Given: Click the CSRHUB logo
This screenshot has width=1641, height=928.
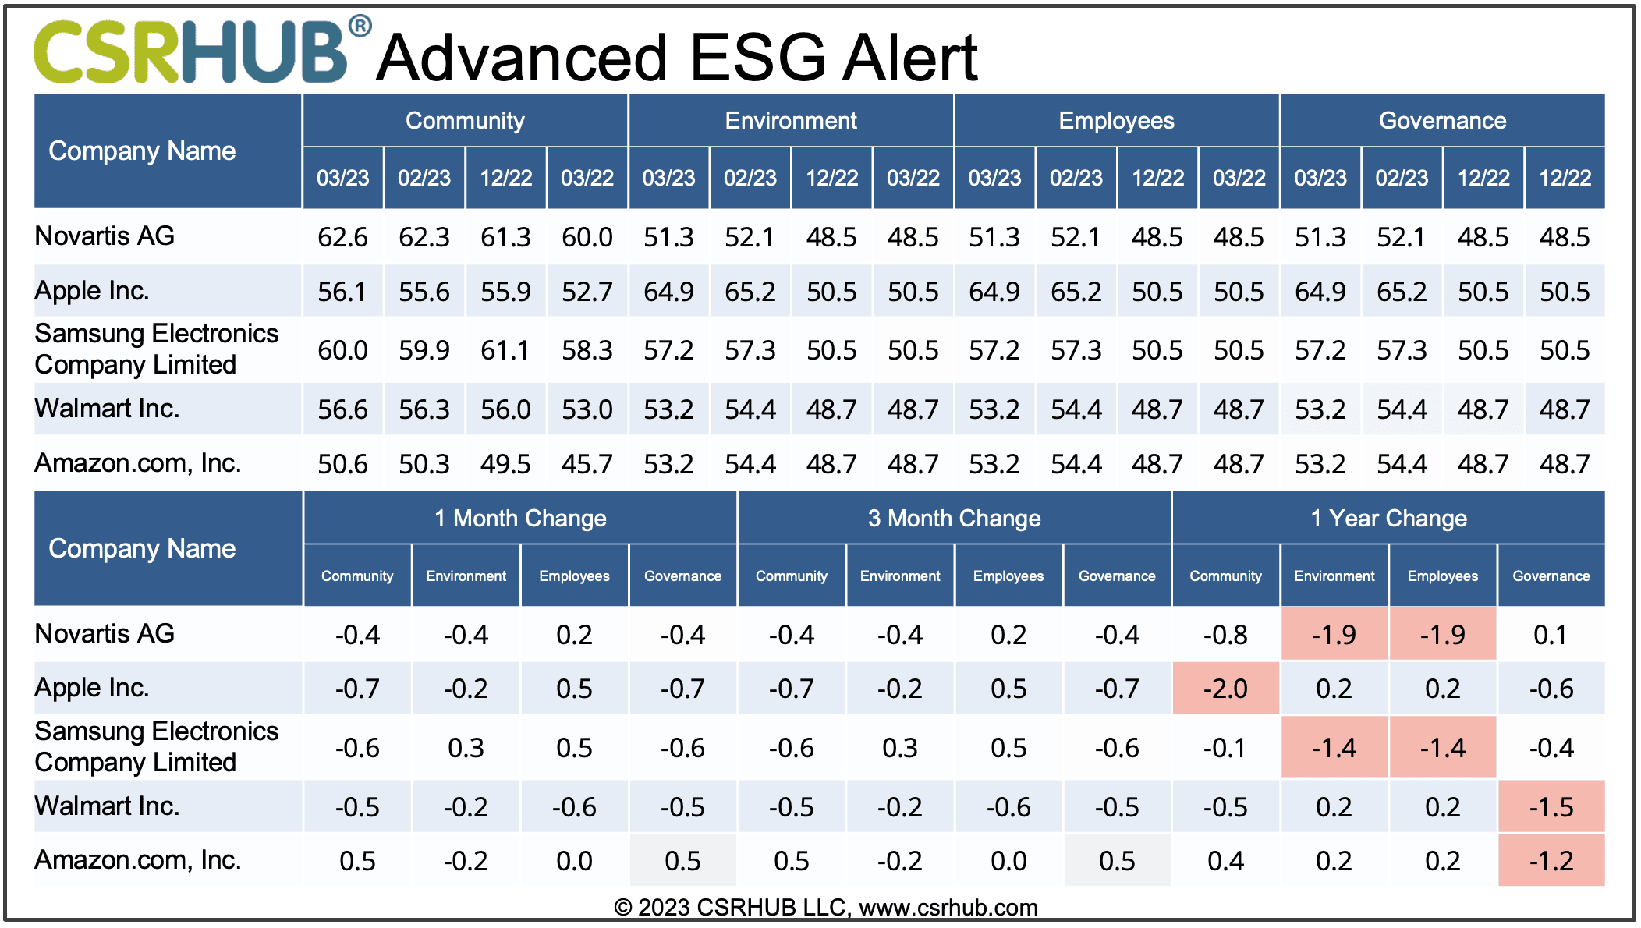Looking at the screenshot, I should tap(191, 51).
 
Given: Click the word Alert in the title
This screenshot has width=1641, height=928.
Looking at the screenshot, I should tap(909, 58).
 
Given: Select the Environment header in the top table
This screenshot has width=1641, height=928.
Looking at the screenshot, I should tap(790, 121).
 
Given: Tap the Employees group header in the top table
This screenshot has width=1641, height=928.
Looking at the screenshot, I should tap(1116, 121).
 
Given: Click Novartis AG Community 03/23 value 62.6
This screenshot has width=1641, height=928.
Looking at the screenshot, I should tap(342, 237).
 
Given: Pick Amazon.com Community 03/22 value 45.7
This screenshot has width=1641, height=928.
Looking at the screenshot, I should tap(587, 464).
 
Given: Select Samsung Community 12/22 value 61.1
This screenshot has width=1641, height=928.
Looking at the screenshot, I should tap(505, 350).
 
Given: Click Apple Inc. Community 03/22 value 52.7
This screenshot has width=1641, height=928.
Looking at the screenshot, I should tap(587, 292).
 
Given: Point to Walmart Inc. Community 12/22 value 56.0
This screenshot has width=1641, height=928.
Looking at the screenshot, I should tap(505, 409).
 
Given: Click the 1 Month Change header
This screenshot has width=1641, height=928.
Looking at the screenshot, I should tap(520, 519).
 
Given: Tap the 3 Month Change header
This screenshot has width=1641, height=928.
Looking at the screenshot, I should tap(954, 519).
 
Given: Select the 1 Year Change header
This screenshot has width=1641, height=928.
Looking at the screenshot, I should tap(1388, 519).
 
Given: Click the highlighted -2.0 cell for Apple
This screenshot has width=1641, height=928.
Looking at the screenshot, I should tap(1225, 689).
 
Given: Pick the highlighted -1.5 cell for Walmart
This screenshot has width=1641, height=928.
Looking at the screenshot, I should tap(1551, 806).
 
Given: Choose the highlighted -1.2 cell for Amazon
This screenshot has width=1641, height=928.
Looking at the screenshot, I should tap(1551, 861).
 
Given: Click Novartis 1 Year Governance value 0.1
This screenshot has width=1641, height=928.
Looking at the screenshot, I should tap(1551, 635).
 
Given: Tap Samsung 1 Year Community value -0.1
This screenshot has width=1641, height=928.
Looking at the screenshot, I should tap(1225, 748).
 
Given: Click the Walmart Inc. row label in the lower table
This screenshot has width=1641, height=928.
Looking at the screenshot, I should tap(108, 806).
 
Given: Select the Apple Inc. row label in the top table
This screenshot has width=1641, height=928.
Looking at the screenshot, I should tap(92, 291).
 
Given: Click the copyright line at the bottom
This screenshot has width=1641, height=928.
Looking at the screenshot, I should tap(825, 908).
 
